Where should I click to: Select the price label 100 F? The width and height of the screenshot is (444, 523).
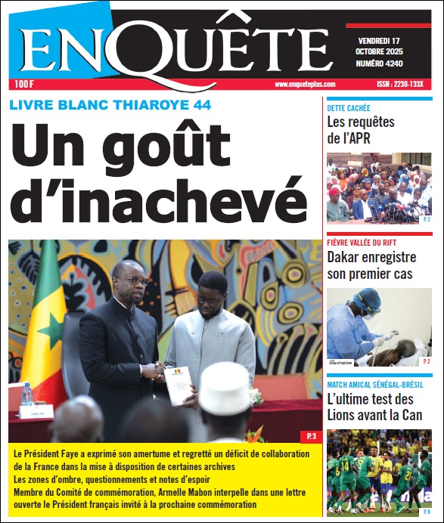click(22, 85)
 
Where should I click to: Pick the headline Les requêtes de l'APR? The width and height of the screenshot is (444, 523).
click(361, 129)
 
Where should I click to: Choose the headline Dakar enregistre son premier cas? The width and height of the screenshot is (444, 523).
click(371, 265)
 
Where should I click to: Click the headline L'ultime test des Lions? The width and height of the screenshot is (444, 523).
click(374, 407)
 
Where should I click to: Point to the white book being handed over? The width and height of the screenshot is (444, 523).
click(179, 385)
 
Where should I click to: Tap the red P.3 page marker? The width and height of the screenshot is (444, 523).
click(311, 436)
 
